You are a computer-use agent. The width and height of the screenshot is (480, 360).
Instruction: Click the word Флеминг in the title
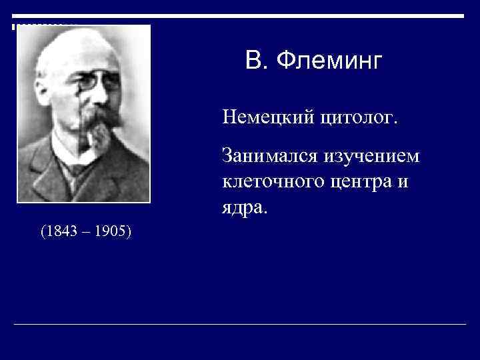coord(330,62)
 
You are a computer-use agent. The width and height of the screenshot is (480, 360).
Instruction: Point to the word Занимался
coord(271,158)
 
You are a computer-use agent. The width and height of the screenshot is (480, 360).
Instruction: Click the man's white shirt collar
coord(67,160)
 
